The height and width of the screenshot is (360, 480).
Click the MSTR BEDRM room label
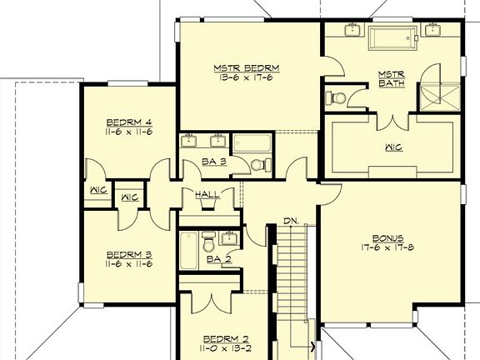(x=246, y=67)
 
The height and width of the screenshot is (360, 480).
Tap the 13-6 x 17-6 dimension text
(x=246, y=78)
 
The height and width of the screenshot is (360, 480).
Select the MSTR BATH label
(x=392, y=78)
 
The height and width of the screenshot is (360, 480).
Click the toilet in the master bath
(x=337, y=97)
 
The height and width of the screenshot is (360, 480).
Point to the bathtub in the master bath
(x=392, y=37)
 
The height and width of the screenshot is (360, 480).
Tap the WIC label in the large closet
(x=393, y=147)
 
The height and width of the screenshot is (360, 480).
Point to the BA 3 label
(x=215, y=162)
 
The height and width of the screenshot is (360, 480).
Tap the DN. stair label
(x=291, y=221)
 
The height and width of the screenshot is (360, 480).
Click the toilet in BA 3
(x=258, y=164)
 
